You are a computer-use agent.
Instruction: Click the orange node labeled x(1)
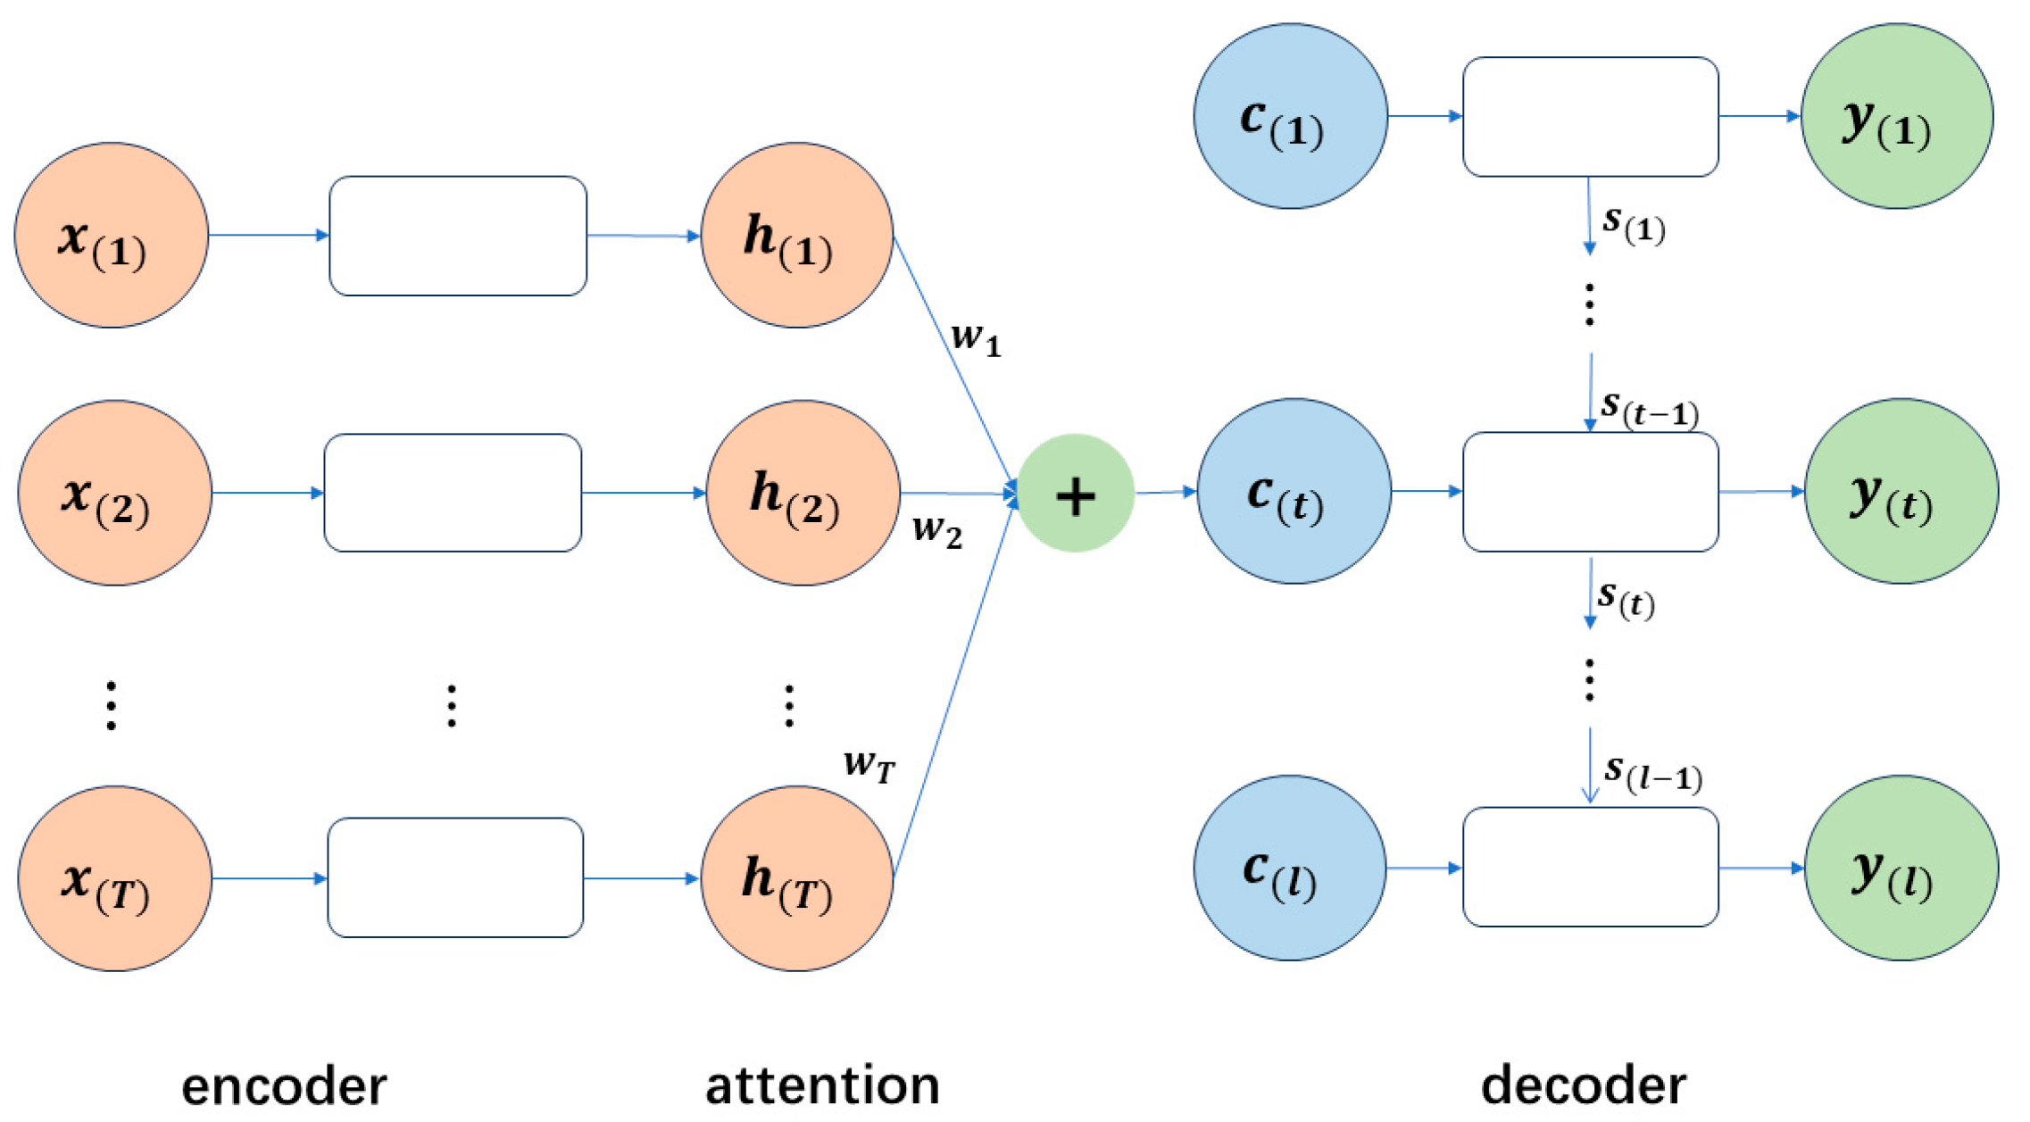(111, 236)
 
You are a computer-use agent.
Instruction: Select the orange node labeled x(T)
(114, 878)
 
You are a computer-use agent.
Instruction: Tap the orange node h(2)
(803, 493)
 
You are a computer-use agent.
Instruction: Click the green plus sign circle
(1076, 494)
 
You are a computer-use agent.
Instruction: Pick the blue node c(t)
(1294, 492)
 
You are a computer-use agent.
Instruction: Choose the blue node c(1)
(1290, 116)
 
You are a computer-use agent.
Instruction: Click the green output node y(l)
(1901, 869)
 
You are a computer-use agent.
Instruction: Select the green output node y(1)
(1897, 116)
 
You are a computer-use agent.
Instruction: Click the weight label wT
(869, 765)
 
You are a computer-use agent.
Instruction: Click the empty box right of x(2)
(453, 493)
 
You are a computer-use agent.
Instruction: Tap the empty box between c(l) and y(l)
(1590, 868)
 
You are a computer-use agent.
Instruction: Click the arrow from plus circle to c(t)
(1165, 492)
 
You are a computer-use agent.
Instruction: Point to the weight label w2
(936, 531)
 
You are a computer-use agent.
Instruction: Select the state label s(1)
(1633, 224)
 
